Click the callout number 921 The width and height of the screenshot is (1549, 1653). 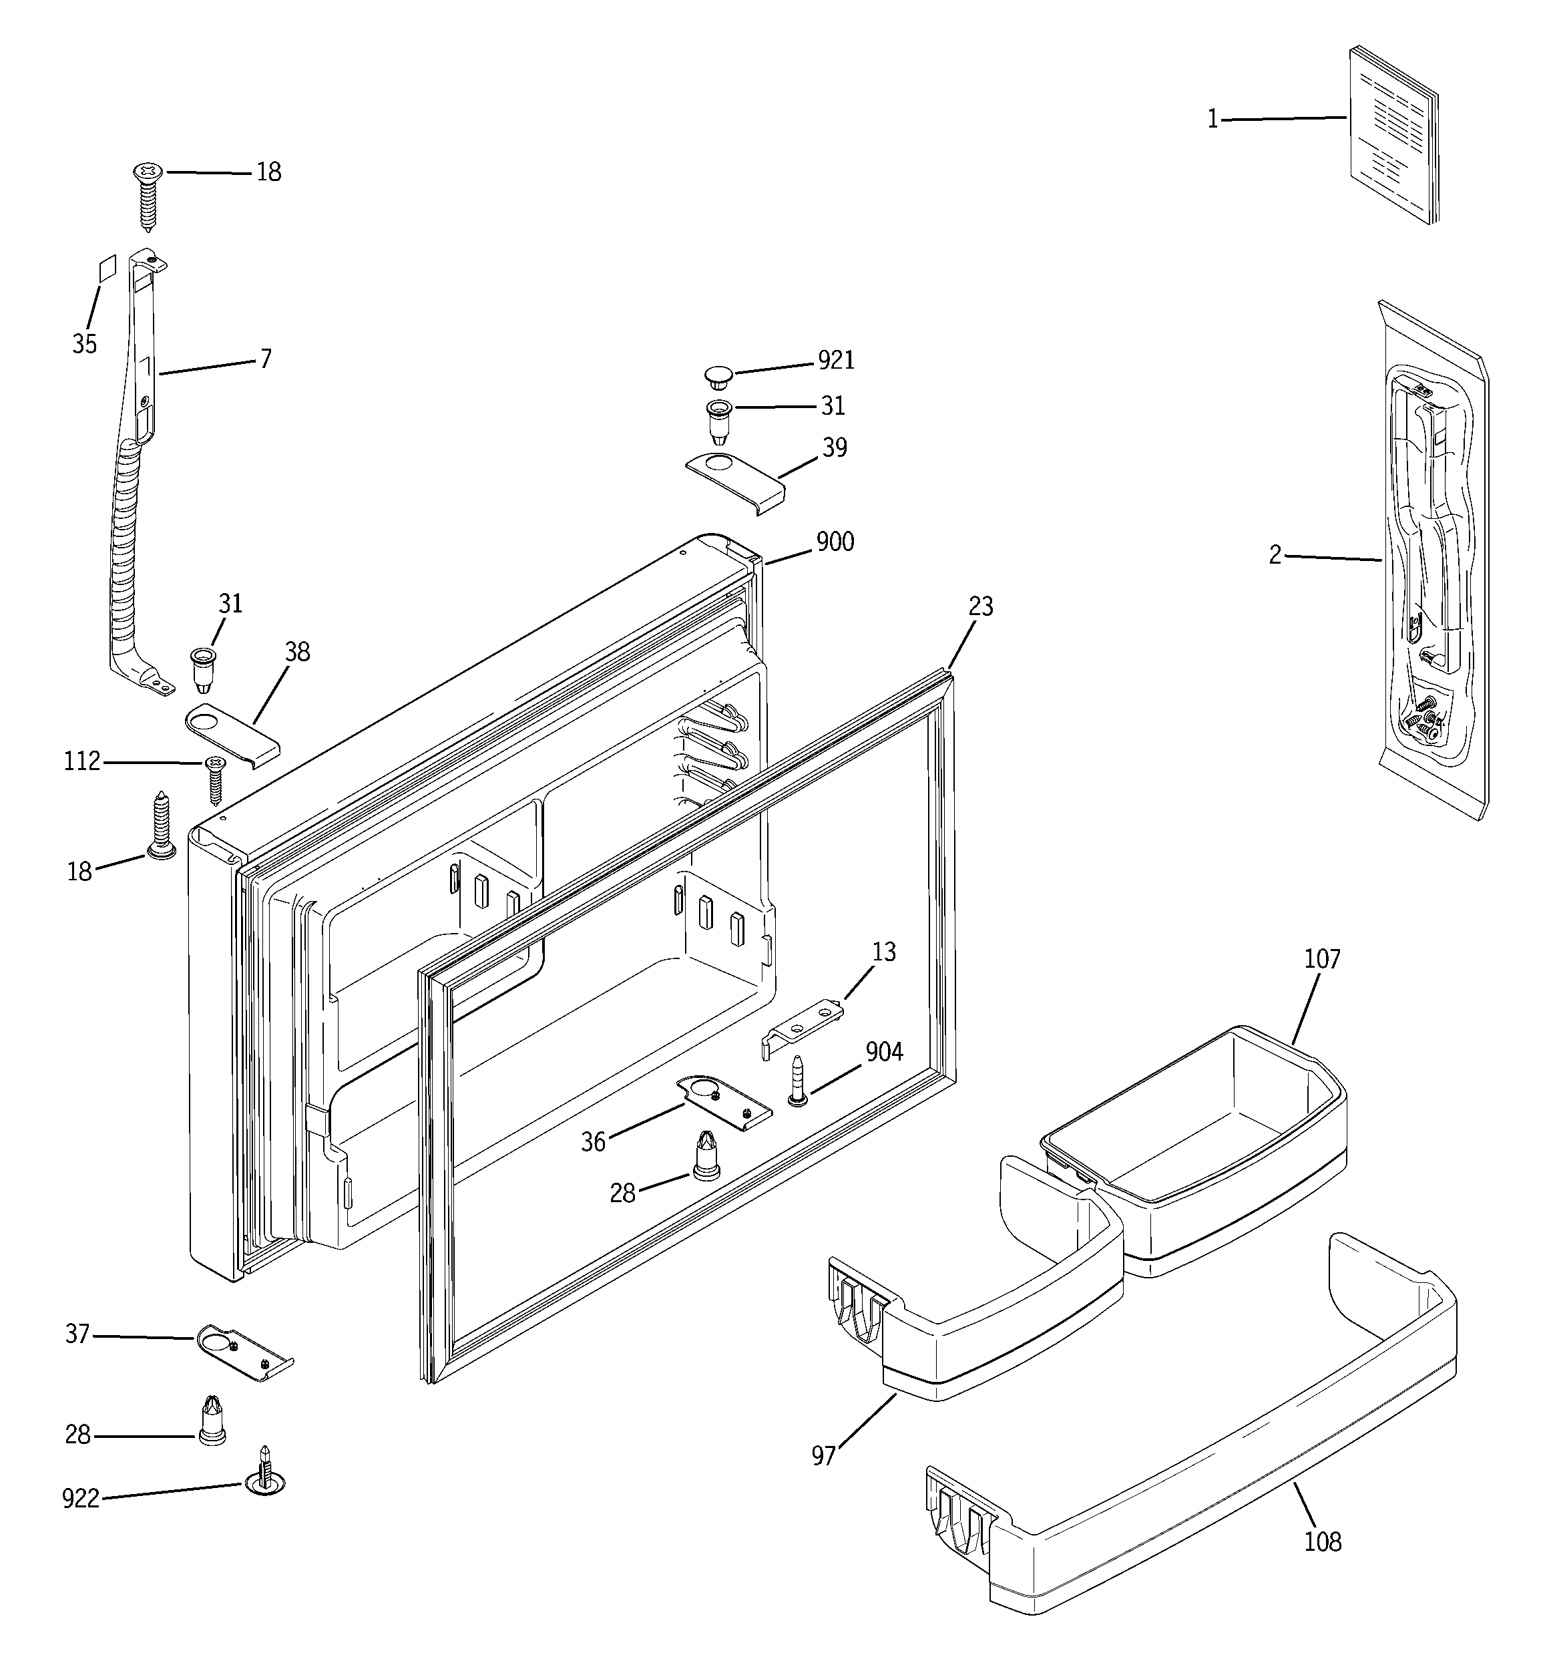(836, 360)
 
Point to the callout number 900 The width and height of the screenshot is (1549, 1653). (835, 542)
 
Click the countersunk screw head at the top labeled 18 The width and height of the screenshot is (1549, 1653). (149, 174)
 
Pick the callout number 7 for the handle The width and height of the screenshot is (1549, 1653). (265, 359)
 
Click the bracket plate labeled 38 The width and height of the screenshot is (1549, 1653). (231, 730)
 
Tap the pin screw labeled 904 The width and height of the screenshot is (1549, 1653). (797, 1080)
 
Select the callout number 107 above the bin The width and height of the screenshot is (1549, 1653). (1322, 960)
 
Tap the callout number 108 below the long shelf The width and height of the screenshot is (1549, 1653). (1322, 1542)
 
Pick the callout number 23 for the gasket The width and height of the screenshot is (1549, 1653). (980, 607)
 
